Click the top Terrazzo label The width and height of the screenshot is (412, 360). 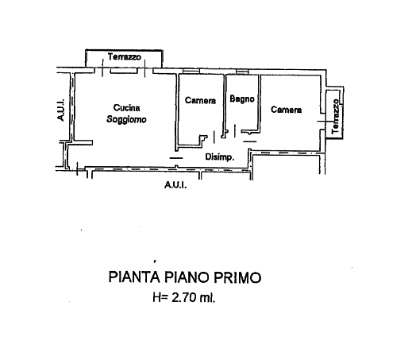click(x=125, y=56)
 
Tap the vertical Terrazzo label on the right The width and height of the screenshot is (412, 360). click(x=335, y=116)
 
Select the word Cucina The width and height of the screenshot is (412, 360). click(x=127, y=108)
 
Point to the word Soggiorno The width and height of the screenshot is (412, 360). click(x=126, y=119)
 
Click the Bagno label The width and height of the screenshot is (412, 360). click(x=242, y=99)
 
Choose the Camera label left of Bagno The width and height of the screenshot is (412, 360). click(x=200, y=100)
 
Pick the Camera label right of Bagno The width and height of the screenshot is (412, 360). click(x=287, y=110)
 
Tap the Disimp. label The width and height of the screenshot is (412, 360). click(x=220, y=157)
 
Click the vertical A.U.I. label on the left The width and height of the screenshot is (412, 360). click(x=60, y=110)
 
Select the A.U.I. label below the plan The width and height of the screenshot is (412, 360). click(x=175, y=185)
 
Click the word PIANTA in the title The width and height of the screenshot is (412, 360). click(x=134, y=277)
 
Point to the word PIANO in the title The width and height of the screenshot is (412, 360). click(x=187, y=277)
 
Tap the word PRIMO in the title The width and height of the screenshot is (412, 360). click(x=237, y=277)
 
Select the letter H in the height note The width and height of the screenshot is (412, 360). click(x=156, y=297)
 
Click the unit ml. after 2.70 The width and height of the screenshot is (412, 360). click(x=207, y=297)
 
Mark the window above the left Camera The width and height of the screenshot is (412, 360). click(x=191, y=72)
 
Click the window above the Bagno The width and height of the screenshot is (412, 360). click(x=242, y=72)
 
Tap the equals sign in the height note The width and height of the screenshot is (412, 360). click(x=164, y=298)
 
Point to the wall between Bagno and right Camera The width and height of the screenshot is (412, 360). click(x=260, y=103)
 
